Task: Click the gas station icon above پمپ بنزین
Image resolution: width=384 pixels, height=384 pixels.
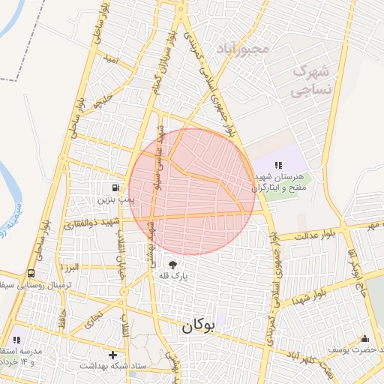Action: tap(114, 187)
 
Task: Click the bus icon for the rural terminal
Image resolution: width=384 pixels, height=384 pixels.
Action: tap(32, 274)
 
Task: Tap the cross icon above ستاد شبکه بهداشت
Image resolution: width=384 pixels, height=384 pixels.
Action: tap(113, 355)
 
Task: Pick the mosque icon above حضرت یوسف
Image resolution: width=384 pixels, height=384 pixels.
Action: tap(364, 338)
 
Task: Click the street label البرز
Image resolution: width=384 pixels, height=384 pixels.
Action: tap(70, 267)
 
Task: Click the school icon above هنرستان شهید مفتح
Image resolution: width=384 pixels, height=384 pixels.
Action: tap(277, 164)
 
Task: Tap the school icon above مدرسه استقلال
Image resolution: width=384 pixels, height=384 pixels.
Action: tap(16, 338)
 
